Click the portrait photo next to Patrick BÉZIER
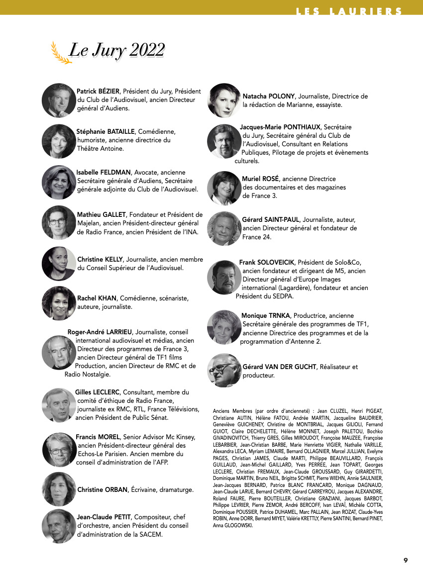tap(59, 100)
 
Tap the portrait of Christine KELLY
tap(59, 264)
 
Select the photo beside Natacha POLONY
tap(224, 100)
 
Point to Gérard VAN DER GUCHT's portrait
tap(224, 371)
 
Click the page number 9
tap(406, 560)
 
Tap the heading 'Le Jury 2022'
tap(116, 50)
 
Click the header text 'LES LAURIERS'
tap(349, 11)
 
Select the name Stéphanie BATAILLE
tap(106, 132)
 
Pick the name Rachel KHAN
tap(97, 298)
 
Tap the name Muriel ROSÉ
tap(261, 179)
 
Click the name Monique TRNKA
tap(266, 316)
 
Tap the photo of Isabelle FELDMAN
tap(59, 182)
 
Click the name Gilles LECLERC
tap(97, 392)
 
